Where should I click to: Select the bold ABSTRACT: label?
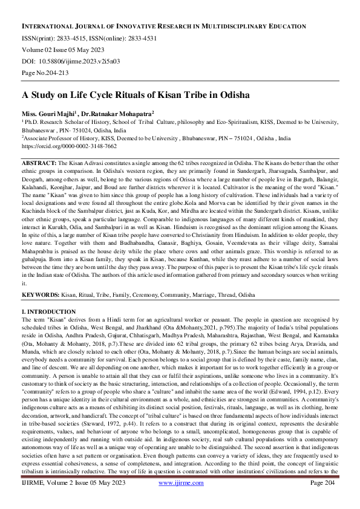click(39, 164)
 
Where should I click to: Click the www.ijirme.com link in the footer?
click(181, 499)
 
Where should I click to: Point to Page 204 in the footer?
click(324, 499)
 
